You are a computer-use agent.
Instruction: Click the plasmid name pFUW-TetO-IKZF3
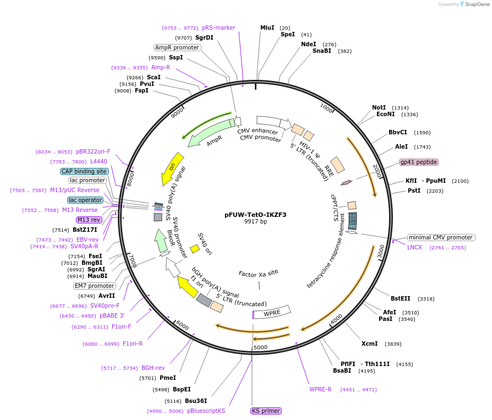point(255,215)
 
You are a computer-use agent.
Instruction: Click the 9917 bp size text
point(255,222)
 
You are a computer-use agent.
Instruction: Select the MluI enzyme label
point(267,28)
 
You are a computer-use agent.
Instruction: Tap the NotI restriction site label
point(379,107)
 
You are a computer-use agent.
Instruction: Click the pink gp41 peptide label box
point(418,162)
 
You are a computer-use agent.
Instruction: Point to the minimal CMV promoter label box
point(441,237)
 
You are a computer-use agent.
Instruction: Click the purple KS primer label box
point(266,411)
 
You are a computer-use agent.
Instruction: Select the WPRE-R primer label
point(320,390)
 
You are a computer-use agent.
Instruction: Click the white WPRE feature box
point(272,313)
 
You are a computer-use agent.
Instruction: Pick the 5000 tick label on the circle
point(260,347)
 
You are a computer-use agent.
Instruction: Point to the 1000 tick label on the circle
point(326,108)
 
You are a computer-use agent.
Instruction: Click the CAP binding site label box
point(84,171)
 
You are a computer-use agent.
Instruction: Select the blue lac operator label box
point(85,200)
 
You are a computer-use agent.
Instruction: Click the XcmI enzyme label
point(369,343)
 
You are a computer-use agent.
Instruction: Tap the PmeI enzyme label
point(167,378)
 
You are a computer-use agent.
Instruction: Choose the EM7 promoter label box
point(95,286)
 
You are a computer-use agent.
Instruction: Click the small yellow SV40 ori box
point(194,249)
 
